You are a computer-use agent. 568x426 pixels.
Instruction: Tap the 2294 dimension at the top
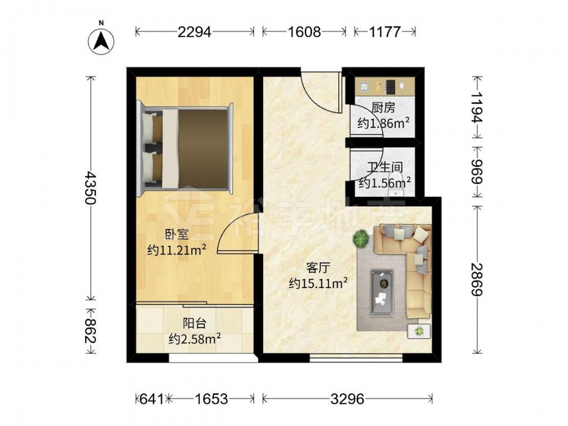tap(194, 32)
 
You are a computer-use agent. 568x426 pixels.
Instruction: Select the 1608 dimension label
tap(304, 32)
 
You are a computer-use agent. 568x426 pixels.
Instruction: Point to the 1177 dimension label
tap(385, 32)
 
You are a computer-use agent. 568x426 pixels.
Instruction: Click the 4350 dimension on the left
tap(90, 188)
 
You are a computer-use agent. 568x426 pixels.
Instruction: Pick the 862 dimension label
tap(90, 331)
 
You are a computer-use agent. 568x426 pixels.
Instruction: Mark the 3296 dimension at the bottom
tap(348, 399)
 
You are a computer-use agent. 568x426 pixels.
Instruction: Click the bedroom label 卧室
tap(177, 235)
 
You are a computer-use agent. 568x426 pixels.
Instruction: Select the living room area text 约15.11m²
tap(319, 283)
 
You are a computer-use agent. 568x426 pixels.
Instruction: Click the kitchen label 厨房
tap(383, 107)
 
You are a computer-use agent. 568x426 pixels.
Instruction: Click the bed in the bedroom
tap(185, 149)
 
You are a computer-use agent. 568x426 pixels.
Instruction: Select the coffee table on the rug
tap(382, 293)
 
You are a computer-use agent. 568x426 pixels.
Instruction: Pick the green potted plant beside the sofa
tap(361, 239)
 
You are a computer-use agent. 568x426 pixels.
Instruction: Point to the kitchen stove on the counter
tap(391, 86)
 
